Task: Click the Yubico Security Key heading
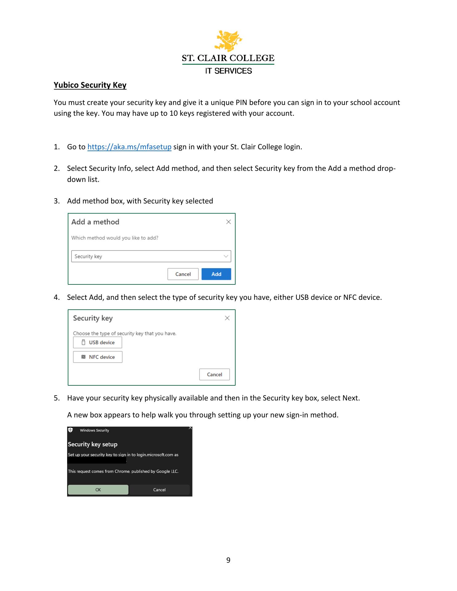(90, 85)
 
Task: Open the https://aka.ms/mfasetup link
(129, 147)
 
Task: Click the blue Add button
(216, 274)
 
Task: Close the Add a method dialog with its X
(228, 222)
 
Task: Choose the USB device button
(98, 342)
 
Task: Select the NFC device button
(98, 357)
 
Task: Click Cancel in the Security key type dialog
(214, 374)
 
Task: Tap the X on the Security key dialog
(227, 318)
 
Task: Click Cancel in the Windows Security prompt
(159, 490)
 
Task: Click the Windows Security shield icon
(71, 430)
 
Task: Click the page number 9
(228, 560)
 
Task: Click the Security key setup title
(93, 444)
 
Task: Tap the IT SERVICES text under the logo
(228, 71)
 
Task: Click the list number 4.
(57, 297)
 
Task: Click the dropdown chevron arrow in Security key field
(226, 256)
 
